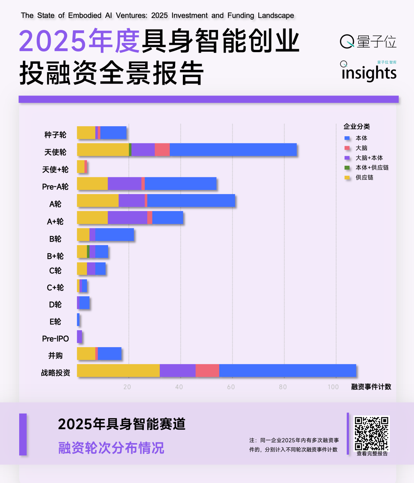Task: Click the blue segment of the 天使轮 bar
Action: [x=233, y=150]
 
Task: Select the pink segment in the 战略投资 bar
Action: [x=207, y=371]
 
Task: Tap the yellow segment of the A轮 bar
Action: [x=98, y=201]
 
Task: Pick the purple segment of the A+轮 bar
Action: [x=127, y=218]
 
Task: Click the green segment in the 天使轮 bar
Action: [x=130, y=150]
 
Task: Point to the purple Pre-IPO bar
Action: [x=79, y=336]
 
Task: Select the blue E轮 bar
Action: [x=78, y=320]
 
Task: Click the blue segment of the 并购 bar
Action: [x=110, y=354]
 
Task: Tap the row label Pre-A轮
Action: [x=55, y=187]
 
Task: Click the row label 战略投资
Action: [x=56, y=373]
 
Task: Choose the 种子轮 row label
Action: [x=55, y=135]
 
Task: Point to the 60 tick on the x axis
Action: [x=231, y=387]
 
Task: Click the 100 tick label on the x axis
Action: [x=333, y=387]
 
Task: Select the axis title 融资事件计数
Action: [x=371, y=387]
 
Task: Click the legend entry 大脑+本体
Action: [x=369, y=158]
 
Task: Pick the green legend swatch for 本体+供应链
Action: [x=347, y=168]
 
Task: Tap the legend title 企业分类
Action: [x=356, y=127]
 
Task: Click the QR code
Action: [x=371, y=434]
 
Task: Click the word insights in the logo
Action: [x=369, y=73]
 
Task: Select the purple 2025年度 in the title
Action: [x=79, y=41]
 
